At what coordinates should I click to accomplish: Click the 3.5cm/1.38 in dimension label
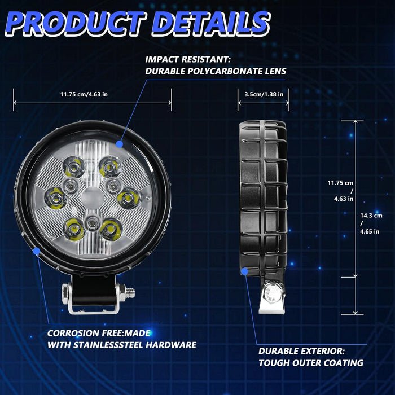(x=260, y=94)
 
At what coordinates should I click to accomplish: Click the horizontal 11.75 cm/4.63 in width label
(x=84, y=94)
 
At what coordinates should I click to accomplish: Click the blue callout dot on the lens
(x=120, y=144)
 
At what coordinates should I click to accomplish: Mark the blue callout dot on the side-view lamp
(x=244, y=271)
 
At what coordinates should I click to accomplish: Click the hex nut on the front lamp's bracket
(x=67, y=292)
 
